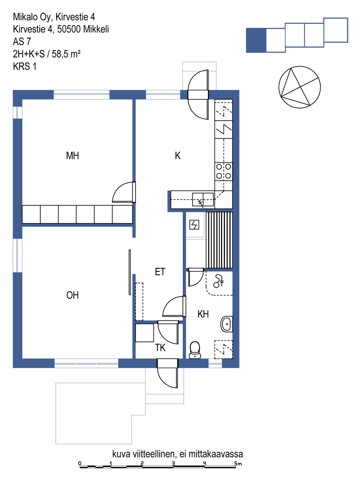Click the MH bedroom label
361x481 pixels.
[x=72, y=156]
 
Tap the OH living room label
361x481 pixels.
[x=72, y=295]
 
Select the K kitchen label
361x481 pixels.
[x=178, y=156]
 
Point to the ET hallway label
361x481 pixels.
[x=160, y=272]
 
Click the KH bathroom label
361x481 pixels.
[x=203, y=314]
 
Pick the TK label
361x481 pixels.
[x=160, y=348]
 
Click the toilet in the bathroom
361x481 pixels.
[x=195, y=350]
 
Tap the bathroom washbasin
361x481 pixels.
[x=226, y=324]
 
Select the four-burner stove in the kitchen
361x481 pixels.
[x=224, y=171]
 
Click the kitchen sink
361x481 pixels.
[x=203, y=199]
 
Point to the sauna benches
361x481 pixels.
[x=219, y=240]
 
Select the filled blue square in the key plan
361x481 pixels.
[x=256, y=40]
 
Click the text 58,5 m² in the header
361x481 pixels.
[x=66, y=54]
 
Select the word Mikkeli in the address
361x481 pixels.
[x=96, y=29]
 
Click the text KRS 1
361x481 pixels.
[x=25, y=66]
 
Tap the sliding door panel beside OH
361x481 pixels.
[x=130, y=272]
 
